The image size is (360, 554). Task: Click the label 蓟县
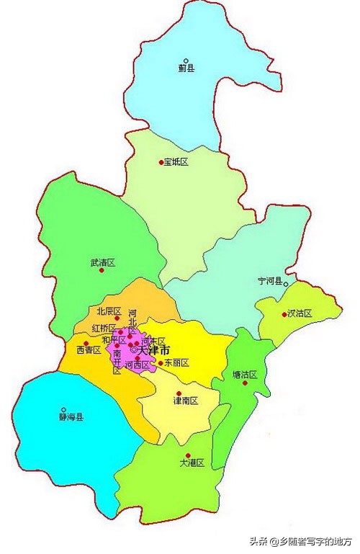pyautogui.click(x=186, y=69)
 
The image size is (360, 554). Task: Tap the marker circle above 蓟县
pyautogui.click(x=186, y=61)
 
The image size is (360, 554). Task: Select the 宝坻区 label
pyautogui.click(x=176, y=163)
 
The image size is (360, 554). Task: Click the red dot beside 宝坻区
pyautogui.click(x=161, y=163)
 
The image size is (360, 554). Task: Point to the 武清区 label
pyautogui.click(x=103, y=264)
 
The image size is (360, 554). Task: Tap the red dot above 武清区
pyautogui.click(x=102, y=254)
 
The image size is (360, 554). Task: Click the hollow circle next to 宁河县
pyautogui.click(x=286, y=285)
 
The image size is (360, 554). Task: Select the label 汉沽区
pyautogui.click(x=299, y=313)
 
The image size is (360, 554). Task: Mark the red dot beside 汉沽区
pyautogui.click(x=283, y=313)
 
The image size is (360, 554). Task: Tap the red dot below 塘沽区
pyautogui.click(x=246, y=383)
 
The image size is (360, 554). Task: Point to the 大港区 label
pyautogui.click(x=192, y=463)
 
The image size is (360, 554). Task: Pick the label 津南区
pyautogui.click(x=185, y=401)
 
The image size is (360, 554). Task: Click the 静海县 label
pyautogui.click(x=71, y=417)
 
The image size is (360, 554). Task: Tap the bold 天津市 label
pyautogui.click(x=153, y=350)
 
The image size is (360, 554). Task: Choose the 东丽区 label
pyautogui.click(x=176, y=364)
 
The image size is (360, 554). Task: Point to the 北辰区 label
pyautogui.click(x=109, y=311)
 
